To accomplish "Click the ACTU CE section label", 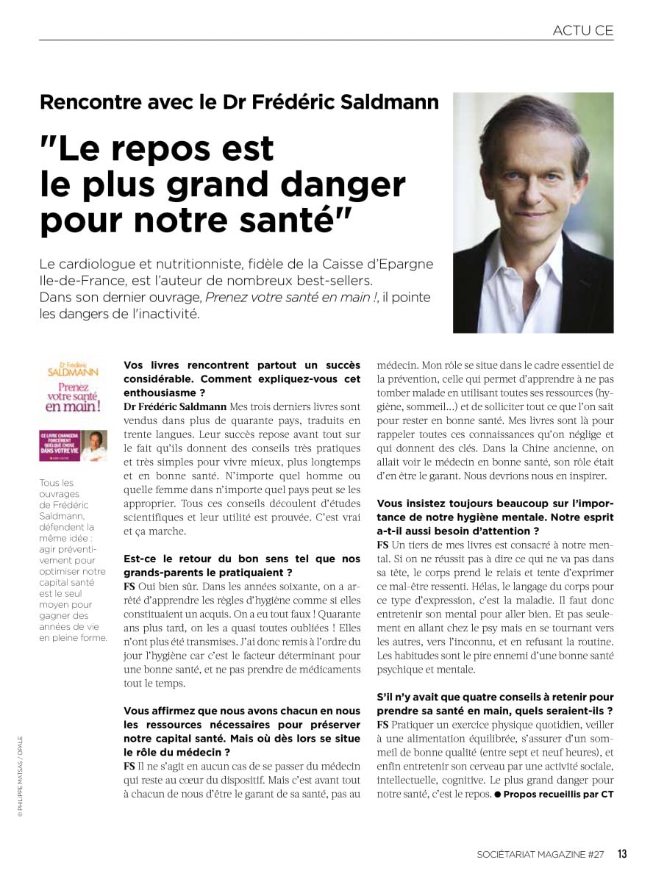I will [582, 30].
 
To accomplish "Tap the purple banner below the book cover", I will [73, 445].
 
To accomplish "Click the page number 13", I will [622, 853].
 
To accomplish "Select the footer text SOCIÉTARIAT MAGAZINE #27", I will [540, 854].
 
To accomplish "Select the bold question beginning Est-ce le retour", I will [243, 565].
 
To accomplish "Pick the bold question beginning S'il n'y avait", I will [495, 703].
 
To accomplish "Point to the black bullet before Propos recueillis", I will [497, 794].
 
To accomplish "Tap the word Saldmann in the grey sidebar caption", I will [63, 517].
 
